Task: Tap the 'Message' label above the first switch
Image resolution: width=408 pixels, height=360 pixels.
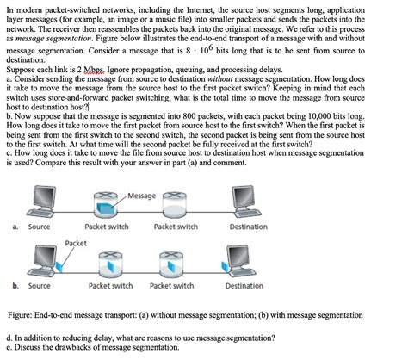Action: [x=141, y=196]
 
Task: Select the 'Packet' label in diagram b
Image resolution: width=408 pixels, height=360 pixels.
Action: [x=76, y=244]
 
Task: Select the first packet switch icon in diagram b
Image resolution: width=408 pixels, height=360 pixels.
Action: [x=110, y=264]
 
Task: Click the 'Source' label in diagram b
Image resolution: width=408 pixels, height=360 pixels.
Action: [x=39, y=285]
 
